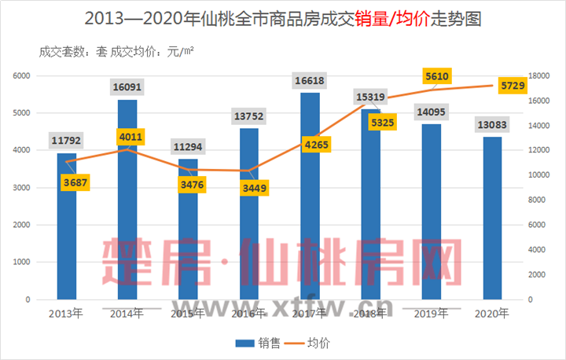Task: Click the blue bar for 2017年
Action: point(310,197)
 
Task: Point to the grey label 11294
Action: point(188,146)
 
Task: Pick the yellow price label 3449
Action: point(248,189)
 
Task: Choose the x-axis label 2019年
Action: point(430,313)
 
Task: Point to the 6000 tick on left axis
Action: point(21,75)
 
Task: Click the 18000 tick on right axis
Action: point(538,75)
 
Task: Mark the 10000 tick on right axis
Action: point(538,175)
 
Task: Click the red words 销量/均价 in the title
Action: point(397,18)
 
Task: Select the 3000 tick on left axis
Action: point(21,188)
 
